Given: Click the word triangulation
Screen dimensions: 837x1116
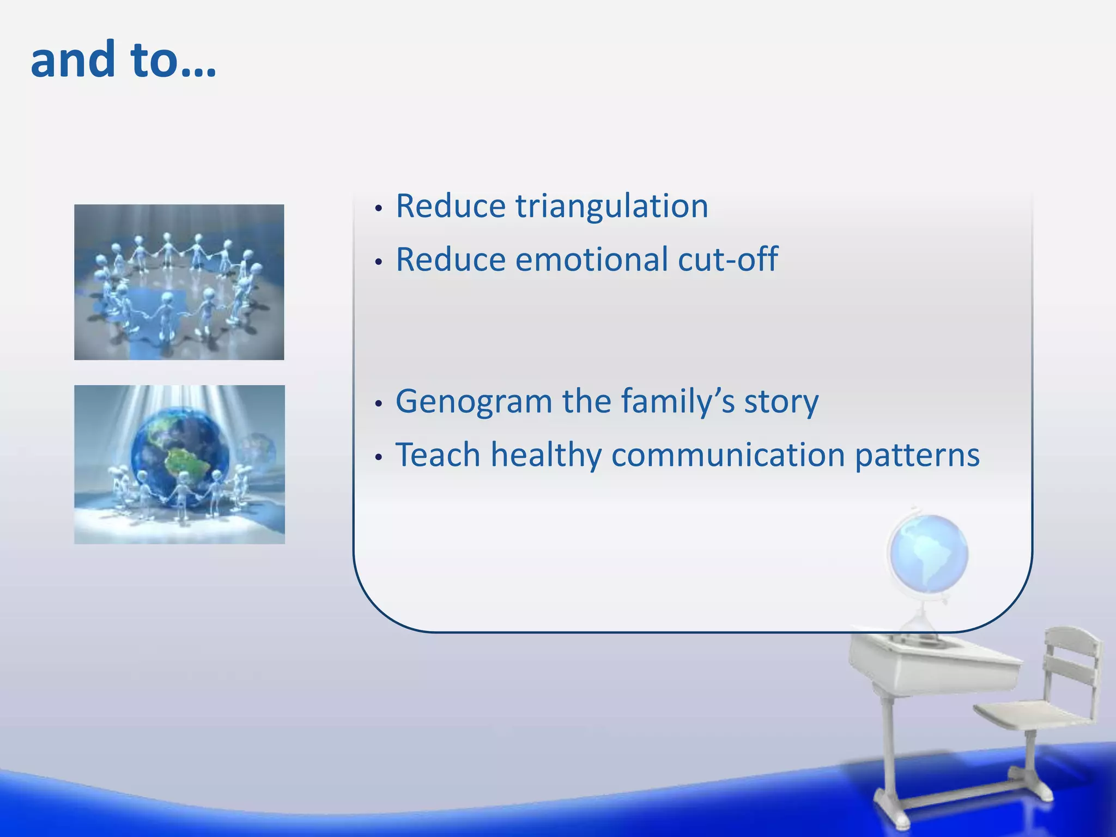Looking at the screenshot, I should [611, 207].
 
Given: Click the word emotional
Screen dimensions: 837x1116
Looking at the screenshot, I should [591, 259].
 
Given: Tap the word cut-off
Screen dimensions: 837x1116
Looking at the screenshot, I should [727, 259].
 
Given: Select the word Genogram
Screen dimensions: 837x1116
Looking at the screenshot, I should [474, 402].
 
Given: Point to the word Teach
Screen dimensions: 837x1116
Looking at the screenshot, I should [438, 455].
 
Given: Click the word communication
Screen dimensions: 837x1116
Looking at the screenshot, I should [727, 455].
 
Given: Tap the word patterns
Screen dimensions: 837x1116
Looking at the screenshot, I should [917, 455].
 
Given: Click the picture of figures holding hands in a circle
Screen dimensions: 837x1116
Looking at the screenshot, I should [179, 282].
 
